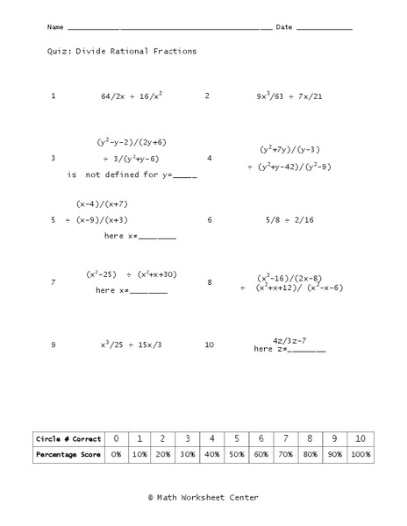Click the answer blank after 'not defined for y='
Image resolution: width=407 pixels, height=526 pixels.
pos(185,176)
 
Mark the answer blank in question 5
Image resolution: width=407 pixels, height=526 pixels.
pos(157,238)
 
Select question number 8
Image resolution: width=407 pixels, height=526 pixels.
pos(209,282)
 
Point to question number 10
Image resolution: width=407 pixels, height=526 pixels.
pos(209,345)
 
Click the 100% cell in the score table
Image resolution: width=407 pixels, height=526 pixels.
pos(359,455)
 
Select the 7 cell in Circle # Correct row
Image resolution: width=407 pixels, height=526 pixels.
pos(285,437)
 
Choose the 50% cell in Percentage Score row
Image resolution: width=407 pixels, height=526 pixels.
pos(237,455)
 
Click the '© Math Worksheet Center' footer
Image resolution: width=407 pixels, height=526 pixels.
pos(203,497)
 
